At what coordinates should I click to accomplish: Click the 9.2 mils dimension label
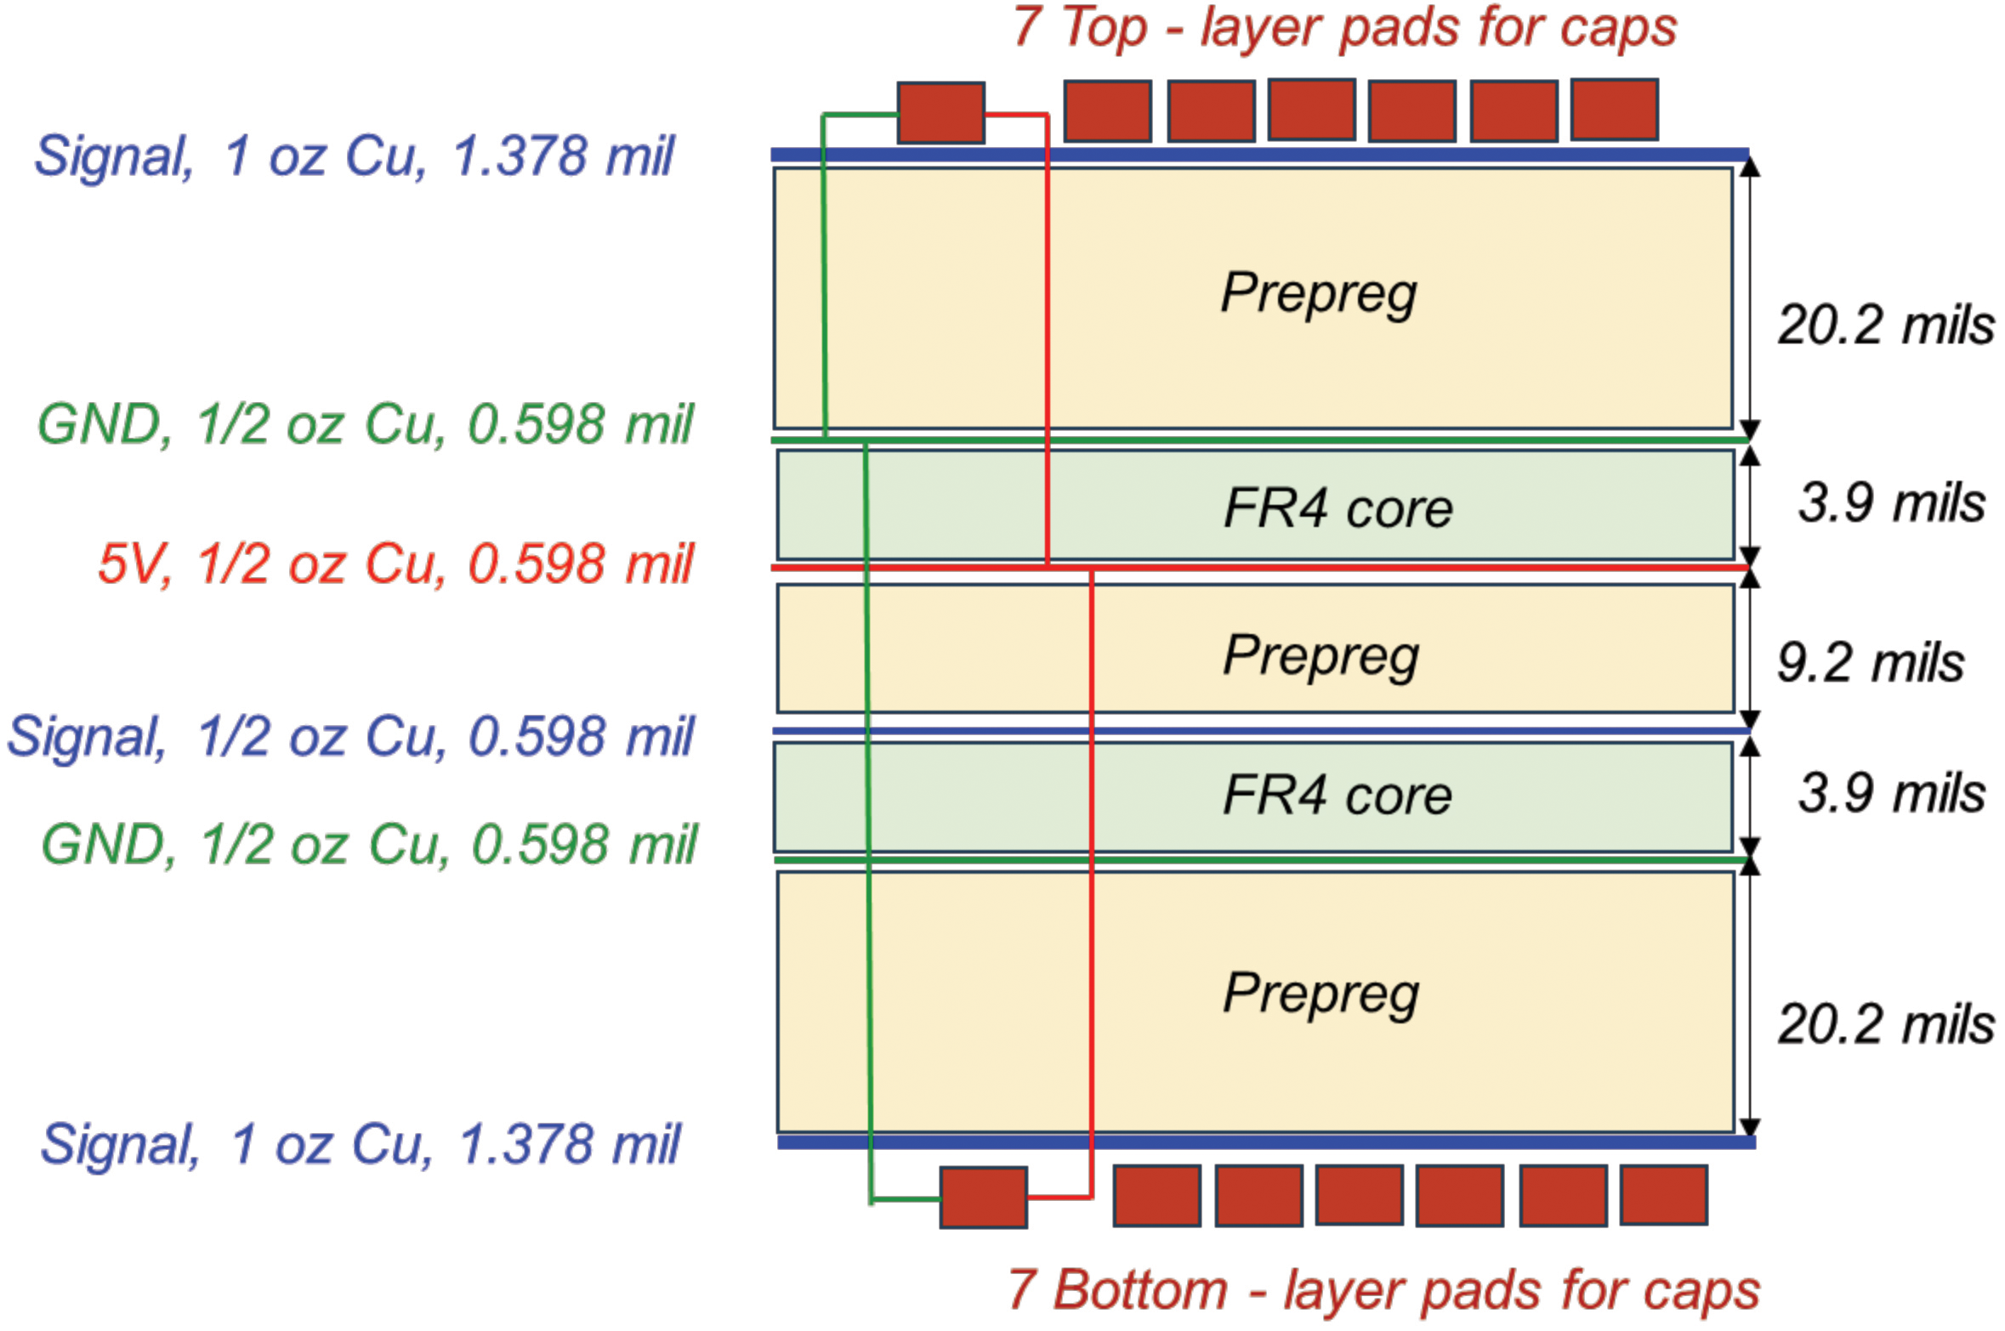point(1870,663)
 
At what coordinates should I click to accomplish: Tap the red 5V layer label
point(395,564)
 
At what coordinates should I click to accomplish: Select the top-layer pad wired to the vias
point(940,112)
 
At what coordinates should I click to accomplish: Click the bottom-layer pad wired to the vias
point(983,1197)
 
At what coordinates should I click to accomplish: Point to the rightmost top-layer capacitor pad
point(1614,110)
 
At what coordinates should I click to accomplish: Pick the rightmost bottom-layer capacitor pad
point(1663,1195)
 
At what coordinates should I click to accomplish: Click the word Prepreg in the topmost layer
point(1318,293)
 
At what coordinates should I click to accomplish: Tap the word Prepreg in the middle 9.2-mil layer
point(1321,655)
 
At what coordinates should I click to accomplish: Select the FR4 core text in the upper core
point(1338,508)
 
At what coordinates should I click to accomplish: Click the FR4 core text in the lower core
point(1337,796)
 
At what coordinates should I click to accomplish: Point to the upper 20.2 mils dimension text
point(1885,326)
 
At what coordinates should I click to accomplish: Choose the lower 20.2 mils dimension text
point(1885,1024)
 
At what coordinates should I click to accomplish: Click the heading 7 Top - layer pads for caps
point(1343,27)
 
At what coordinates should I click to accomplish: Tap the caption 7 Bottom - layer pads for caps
point(1383,1289)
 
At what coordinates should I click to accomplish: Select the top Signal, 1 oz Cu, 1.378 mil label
point(354,157)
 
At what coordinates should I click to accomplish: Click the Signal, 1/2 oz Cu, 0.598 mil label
point(350,737)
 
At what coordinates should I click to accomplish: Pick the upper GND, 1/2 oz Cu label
point(366,424)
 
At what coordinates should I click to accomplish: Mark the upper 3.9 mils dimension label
point(1891,503)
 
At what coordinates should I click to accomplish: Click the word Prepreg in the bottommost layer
point(1321,994)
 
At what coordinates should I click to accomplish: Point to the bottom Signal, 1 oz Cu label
point(360,1144)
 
